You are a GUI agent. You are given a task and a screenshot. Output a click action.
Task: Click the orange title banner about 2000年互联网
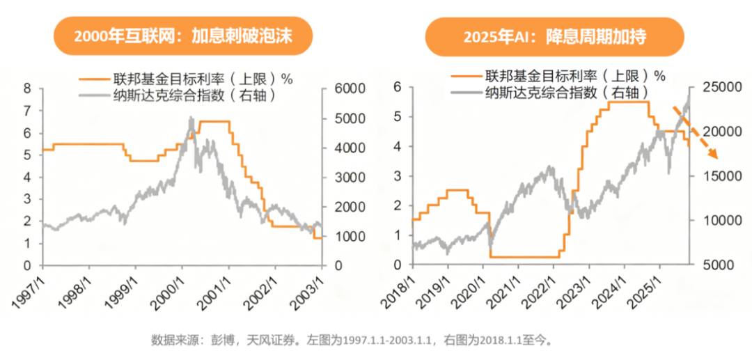[x=183, y=36]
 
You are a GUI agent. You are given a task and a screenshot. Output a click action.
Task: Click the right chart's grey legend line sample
[x=466, y=93]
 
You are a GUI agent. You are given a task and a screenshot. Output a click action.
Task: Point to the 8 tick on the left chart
[x=27, y=88]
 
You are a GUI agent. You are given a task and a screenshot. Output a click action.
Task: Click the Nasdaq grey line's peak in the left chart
[x=191, y=118]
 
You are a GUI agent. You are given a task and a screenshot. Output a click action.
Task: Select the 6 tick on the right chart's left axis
[x=398, y=87]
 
